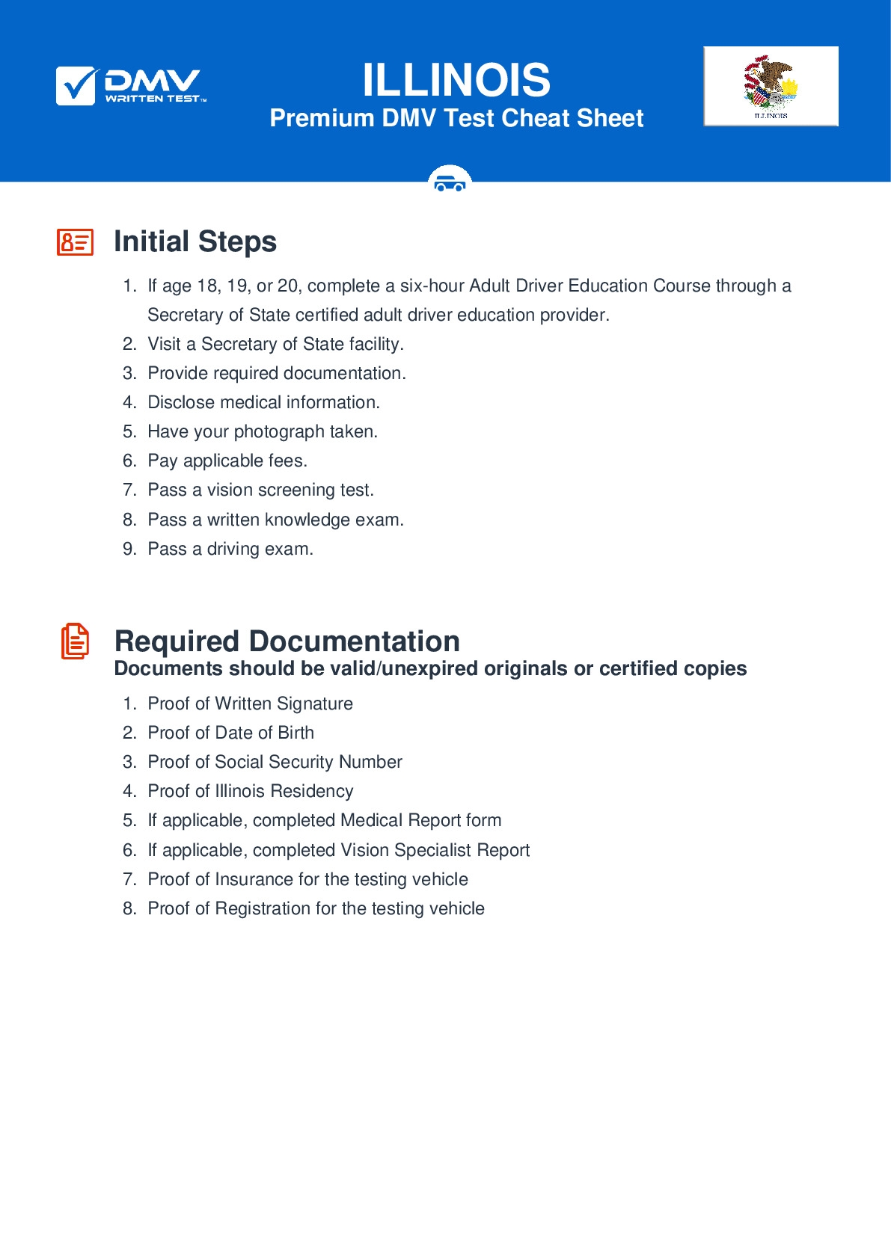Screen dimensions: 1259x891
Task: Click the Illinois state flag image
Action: [771, 86]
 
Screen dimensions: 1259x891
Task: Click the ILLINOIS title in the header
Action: [456, 80]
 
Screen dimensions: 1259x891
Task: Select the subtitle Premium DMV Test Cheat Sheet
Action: [456, 118]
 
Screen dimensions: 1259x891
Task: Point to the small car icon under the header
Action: [450, 182]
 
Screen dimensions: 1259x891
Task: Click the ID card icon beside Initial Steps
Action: [76, 242]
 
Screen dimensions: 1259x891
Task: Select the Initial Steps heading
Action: [195, 241]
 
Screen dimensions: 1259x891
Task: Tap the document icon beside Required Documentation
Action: [75, 641]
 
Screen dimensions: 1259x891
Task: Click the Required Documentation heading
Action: [287, 641]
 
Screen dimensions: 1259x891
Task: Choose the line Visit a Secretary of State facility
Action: [275, 344]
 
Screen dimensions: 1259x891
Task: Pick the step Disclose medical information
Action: [263, 402]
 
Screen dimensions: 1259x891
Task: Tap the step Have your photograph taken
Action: [263, 431]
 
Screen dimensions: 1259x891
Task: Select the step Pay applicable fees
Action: [227, 461]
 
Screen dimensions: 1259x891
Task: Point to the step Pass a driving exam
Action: [230, 549]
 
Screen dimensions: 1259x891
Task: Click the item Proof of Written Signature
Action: [250, 704]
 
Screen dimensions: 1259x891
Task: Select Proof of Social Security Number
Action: [275, 762]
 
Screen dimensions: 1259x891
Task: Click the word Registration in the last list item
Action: [263, 908]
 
